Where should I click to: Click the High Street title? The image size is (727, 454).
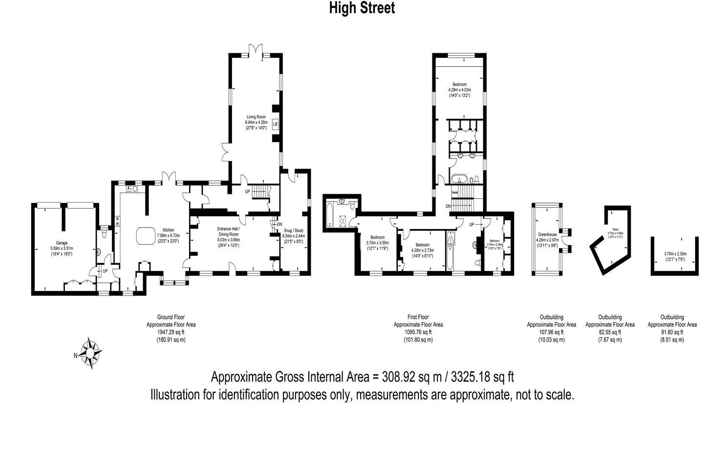(362, 8)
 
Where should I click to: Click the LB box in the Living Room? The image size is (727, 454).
(275, 124)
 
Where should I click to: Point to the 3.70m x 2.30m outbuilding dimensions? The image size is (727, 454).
(675, 254)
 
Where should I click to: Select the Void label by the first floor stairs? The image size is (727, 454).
(454, 193)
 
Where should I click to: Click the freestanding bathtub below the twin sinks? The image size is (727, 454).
(459, 178)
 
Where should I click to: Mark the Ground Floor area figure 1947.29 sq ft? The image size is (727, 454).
(171, 332)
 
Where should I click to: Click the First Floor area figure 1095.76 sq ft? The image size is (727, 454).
(418, 332)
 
